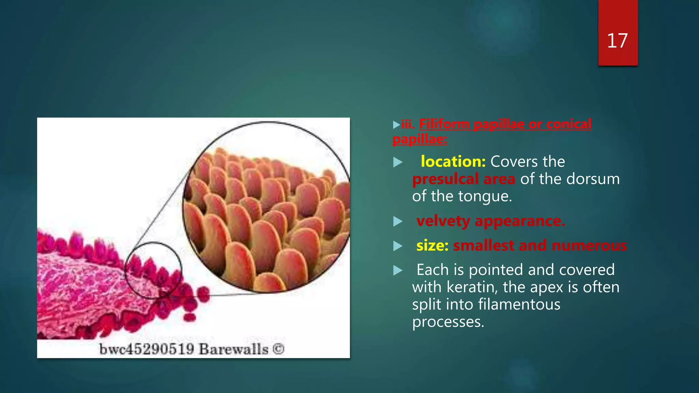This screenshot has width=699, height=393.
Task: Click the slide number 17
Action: coord(617,41)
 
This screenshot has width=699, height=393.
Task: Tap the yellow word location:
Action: coord(453,161)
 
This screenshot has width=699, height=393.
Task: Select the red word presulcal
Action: coord(445,179)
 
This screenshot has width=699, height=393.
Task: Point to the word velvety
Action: coord(443,221)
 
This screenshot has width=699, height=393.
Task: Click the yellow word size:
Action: coord(432,246)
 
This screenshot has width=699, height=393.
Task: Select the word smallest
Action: coord(483,246)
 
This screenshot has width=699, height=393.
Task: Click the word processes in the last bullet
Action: coord(448,322)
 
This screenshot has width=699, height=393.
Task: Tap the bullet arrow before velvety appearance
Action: coord(398,222)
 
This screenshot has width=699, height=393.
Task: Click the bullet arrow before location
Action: coord(398,162)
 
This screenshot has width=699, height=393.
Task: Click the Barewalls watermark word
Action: coord(233,349)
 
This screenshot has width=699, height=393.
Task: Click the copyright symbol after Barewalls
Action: coord(279,349)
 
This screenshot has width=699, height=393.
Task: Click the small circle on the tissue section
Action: coord(153,270)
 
